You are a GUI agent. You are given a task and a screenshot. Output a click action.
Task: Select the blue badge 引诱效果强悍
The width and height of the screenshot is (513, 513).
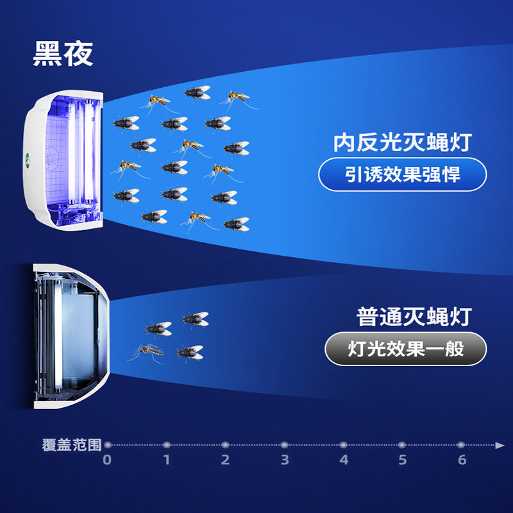(x=403, y=174)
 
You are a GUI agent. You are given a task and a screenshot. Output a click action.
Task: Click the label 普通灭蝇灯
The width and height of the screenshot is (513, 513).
(x=414, y=317)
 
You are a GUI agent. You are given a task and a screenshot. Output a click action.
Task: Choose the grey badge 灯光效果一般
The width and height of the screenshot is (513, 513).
(x=405, y=349)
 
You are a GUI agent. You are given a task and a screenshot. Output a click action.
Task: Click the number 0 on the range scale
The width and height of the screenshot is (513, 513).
(x=107, y=460)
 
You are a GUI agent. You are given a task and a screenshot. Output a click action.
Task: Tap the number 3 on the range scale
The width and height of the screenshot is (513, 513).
(x=285, y=460)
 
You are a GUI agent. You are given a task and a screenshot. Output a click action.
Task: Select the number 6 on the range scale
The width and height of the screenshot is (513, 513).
(x=462, y=460)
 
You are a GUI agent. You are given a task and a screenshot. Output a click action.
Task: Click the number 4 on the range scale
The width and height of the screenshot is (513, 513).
(x=344, y=460)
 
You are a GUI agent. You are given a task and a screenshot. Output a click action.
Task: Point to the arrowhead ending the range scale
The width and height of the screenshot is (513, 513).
(x=500, y=444)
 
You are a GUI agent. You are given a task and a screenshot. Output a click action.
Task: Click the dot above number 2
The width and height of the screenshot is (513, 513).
(x=225, y=444)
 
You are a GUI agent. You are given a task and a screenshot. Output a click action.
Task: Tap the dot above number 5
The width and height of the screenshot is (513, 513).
(x=402, y=444)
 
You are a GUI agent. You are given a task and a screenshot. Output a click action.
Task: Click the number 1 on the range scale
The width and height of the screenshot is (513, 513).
(x=166, y=460)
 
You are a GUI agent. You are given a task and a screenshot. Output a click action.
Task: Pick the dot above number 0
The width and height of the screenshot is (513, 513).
(x=108, y=444)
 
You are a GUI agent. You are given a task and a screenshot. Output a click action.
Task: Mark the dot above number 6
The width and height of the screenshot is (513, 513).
(x=461, y=444)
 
